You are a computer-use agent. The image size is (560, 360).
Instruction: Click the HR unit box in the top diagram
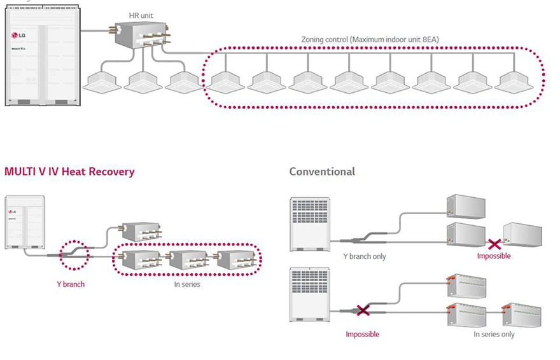point(139,34)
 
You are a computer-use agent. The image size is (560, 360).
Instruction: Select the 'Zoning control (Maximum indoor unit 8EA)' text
point(370,39)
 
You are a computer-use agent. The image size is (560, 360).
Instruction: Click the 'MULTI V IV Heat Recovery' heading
point(69,172)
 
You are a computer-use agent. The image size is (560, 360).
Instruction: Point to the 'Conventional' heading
point(322,172)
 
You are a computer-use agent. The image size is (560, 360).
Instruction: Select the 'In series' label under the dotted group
point(187,284)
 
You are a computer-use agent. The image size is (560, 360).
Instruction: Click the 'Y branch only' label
point(364,256)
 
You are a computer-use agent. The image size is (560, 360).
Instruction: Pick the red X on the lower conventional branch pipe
point(363,311)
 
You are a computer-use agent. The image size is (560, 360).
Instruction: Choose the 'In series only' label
point(494,334)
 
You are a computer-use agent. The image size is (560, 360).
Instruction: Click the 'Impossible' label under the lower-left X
point(363,334)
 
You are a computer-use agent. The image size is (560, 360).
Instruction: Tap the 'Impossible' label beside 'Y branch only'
point(494,256)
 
